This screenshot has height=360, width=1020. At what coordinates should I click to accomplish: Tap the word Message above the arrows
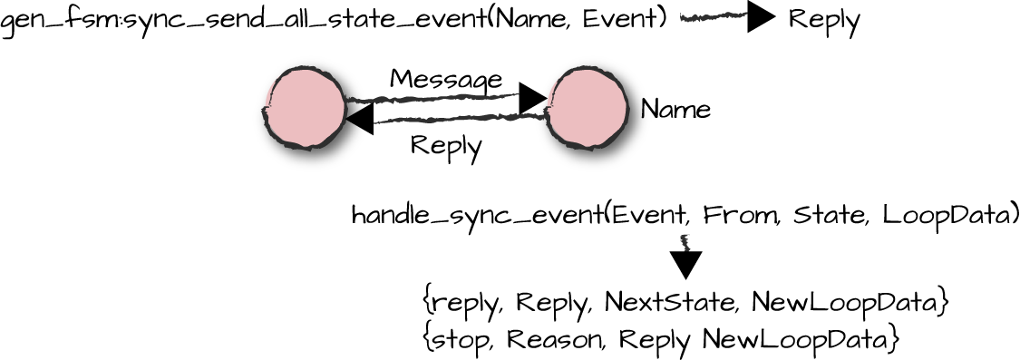click(445, 79)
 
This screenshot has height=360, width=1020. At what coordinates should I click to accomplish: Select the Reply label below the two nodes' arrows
click(446, 145)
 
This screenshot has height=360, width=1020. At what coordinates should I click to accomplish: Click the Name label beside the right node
click(675, 110)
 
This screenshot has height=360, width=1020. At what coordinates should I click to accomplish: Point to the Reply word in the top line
click(823, 19)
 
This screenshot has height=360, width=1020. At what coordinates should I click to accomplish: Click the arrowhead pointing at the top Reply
click(761, 17)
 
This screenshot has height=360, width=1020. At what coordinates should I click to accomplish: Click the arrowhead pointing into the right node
click(532, 98)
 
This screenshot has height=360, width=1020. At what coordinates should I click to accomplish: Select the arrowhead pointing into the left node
click(360, 118)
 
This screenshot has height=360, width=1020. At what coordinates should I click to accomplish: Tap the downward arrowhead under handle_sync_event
click(685, 264)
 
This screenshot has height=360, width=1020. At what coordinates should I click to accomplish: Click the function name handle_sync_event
click(476, 216)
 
